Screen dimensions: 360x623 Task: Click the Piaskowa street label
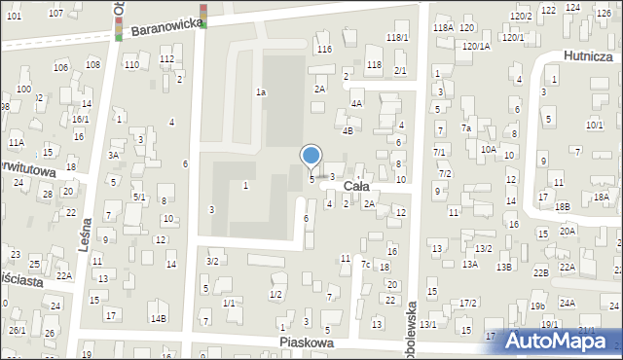(x=307, y=342)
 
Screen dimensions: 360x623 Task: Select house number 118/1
(x=397, y=37)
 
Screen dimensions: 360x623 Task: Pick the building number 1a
(x=261, y=91)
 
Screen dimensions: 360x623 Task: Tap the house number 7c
(x=366, y=265)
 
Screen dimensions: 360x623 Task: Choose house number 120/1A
(x=477, y=46)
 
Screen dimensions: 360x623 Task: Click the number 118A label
(x=444, y=28)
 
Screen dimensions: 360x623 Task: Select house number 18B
(x=563, y=206)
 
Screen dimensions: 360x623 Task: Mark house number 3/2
(x=212, y=261)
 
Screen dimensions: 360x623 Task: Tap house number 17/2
(x=468, y=304)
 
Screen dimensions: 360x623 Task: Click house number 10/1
(x=594, y=125)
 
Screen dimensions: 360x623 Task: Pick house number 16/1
(x=80, y=119)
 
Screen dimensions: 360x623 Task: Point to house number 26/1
(x=18, y=330)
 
